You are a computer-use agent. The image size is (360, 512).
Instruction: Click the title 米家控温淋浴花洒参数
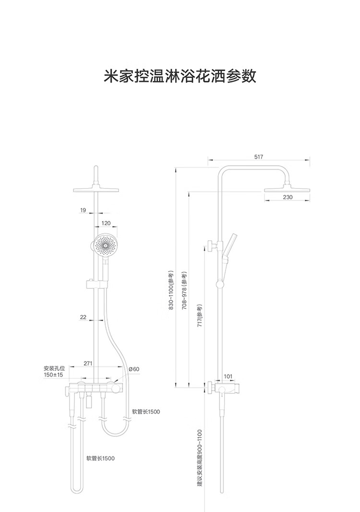pos(180,76)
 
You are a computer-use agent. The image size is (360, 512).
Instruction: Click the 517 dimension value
pos(258,157)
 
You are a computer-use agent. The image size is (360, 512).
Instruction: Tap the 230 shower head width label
pos(287,197)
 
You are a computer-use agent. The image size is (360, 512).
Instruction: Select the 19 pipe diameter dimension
pos(84,210)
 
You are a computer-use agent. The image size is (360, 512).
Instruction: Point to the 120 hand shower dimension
pos(106,223)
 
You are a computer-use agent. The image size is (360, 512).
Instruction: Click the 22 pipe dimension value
pos(84,317)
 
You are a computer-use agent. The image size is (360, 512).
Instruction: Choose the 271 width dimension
pos(88,363)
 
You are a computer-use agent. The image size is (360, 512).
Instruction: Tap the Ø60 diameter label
pos(134,369)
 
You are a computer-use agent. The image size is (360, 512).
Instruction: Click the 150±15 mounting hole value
pos(53,374)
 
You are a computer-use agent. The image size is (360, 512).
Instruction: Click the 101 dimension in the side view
pos(228,376)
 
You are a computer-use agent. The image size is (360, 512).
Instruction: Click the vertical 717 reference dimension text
pos(200,315)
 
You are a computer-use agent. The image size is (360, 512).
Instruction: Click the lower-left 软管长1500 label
pos(100,458)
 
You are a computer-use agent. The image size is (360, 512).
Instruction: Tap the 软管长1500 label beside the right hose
pos(146,411)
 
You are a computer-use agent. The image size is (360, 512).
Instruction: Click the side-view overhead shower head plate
pos(287,190)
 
